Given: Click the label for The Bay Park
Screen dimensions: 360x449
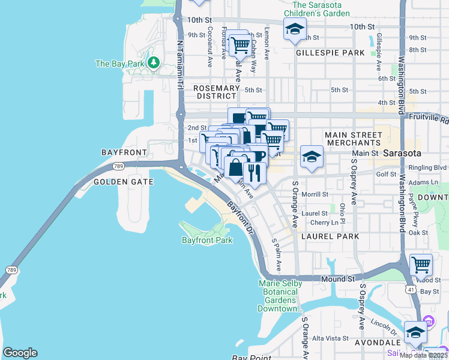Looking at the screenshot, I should coord(119,64).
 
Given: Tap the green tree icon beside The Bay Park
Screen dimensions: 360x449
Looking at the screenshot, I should coord(154,62).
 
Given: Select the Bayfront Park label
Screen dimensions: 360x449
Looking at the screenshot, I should coord(207,240).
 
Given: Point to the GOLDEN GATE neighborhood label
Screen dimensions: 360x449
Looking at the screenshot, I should coord(123,182).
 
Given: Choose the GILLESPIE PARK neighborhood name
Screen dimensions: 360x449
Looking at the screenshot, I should coord(330,53).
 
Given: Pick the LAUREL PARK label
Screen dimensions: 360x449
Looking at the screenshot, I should coord(330,237).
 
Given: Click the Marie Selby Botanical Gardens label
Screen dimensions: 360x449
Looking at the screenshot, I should coord(279,296).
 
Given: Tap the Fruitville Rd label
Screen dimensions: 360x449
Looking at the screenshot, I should coord(435,119).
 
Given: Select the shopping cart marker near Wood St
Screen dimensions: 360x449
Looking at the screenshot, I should coord(421,265).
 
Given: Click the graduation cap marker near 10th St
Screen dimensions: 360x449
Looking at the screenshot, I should coord(295,30).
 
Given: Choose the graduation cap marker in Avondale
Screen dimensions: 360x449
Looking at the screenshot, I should coord(415,332).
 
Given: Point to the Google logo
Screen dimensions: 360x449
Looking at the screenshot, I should coord(20,353).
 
